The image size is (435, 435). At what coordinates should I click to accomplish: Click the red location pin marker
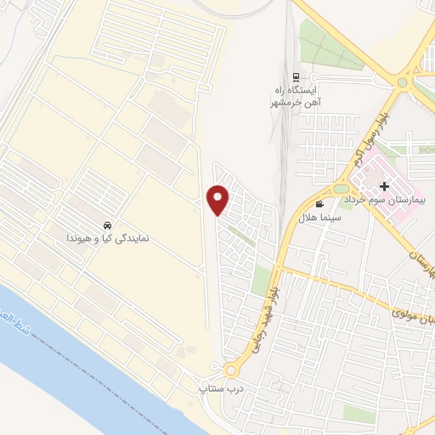[219, 199]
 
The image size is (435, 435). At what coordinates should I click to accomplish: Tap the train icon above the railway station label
[295, 76]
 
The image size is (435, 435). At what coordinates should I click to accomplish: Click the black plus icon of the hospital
[384, 185]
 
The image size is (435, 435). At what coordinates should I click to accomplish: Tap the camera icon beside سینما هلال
[319, 204]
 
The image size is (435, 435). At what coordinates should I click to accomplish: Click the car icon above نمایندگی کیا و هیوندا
[107, 226]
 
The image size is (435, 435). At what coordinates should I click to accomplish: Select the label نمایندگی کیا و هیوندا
[108, 240]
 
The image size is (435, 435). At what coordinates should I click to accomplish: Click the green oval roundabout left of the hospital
[340, 189]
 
